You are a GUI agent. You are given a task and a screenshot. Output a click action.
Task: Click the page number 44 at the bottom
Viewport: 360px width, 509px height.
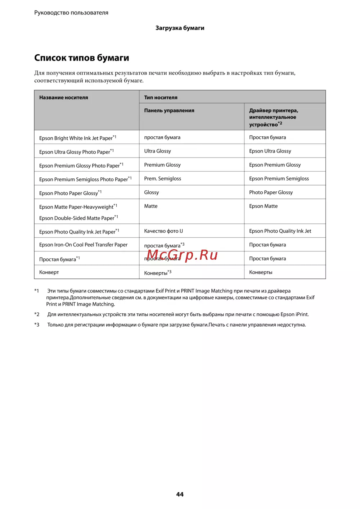180,494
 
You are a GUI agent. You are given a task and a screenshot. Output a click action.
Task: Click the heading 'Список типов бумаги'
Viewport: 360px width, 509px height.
82,58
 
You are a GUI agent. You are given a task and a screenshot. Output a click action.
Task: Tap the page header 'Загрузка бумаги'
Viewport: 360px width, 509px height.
180,28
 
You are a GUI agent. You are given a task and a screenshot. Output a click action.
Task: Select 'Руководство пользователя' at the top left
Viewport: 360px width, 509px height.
71,13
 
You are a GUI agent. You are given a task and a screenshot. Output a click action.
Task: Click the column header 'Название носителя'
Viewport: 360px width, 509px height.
64,97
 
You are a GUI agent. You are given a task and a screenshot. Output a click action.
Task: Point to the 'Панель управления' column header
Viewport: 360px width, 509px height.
169,110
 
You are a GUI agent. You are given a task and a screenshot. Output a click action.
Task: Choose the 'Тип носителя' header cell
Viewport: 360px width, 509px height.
161,97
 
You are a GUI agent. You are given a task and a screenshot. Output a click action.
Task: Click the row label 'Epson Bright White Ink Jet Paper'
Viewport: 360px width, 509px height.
76,138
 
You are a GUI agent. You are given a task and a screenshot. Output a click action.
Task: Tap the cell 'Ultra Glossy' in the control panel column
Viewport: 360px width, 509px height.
158,151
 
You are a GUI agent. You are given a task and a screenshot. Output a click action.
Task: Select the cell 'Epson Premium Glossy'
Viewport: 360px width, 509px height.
275,165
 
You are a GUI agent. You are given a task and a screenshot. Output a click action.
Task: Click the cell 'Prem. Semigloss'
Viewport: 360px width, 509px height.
163,178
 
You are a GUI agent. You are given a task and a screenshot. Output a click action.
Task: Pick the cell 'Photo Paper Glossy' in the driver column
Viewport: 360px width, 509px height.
271,192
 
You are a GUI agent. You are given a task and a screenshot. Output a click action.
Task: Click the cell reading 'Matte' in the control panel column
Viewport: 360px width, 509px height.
151,206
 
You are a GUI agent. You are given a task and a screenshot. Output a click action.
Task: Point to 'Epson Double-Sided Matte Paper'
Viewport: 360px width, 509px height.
77,218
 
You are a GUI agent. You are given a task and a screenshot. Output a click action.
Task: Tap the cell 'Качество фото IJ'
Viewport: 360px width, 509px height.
163,231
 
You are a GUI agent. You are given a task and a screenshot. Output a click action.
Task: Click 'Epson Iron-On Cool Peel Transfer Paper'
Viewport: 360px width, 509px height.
83,245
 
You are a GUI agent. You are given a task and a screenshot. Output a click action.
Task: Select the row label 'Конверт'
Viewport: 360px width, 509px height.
49,272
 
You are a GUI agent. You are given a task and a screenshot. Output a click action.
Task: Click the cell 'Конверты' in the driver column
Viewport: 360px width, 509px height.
261,272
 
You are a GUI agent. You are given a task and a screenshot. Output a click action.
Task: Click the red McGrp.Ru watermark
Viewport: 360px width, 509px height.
182,255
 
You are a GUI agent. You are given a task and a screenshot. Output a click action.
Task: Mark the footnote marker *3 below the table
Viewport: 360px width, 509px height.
37,325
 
